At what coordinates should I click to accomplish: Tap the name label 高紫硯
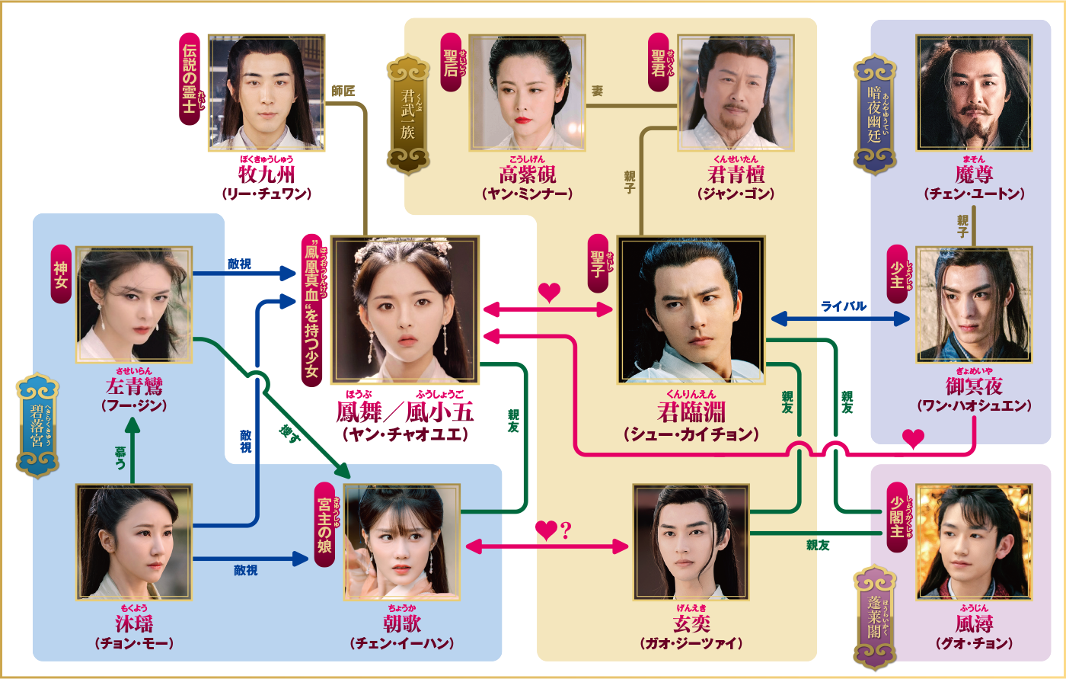coord(527,175)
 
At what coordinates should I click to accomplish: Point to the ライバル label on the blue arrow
coord(843,306)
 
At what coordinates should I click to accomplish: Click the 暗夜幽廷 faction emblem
coord(875,114)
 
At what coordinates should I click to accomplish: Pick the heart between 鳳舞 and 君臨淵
coord(549,292)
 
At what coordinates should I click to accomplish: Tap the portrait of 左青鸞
coord(135,304)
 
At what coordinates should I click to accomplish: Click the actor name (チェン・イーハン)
coord(402,643)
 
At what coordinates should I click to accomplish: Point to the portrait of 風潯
coord(974,542)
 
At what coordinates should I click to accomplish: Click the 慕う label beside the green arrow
coord(120,456)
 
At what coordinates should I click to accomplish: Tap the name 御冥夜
coord(974,387)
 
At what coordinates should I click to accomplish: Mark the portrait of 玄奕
coord(691,542)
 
